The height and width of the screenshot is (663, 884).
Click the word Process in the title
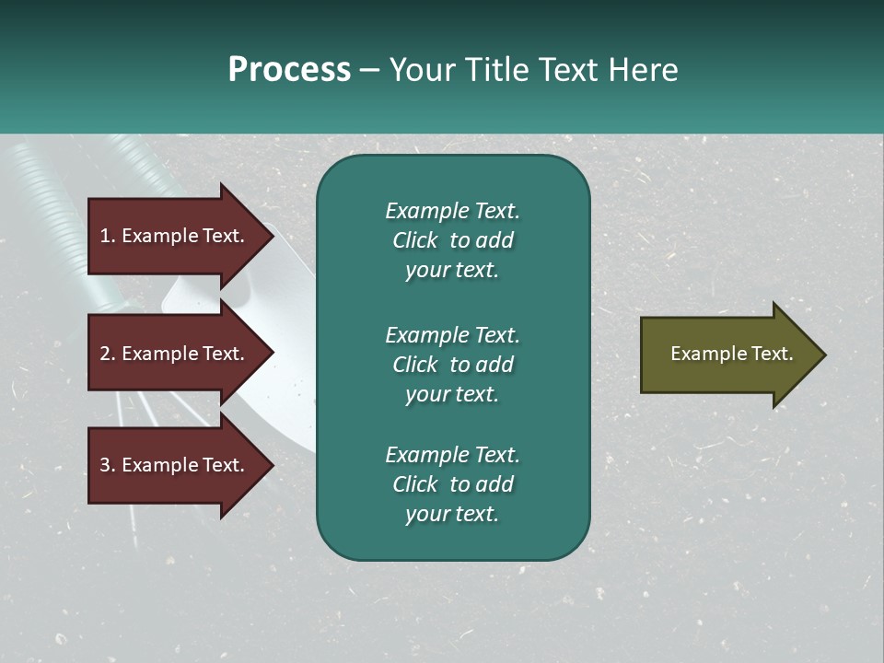point(289,70)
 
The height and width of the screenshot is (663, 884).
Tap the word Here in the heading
point(643,70)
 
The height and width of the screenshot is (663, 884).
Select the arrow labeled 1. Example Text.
point(175,236)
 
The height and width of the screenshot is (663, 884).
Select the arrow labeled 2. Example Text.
point(175,354)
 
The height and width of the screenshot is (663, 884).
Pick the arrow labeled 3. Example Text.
point(175,465)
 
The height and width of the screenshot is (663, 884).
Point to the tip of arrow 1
point(272,236)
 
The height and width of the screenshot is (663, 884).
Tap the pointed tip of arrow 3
point(272,465)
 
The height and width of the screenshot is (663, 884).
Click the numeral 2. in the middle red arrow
point(108,354)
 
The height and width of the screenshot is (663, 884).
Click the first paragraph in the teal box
point(452,240)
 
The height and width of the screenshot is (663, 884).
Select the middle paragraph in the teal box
point(452,365)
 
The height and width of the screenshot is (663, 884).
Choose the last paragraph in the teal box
point(452,484)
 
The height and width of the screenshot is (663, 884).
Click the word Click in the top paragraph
point(415,240)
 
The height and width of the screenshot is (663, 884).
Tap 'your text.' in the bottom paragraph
point(452,515)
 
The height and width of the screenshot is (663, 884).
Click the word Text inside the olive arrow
point(773,354)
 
